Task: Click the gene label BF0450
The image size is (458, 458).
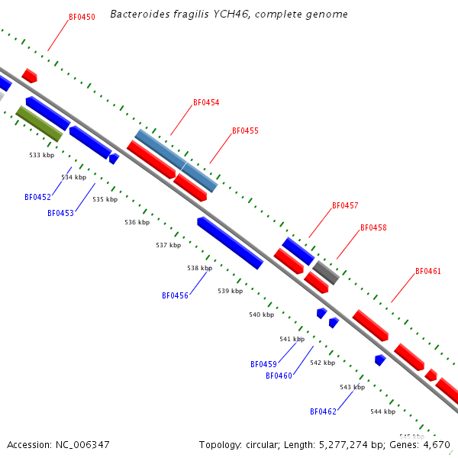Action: pos(82,16)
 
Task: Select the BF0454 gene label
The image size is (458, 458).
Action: pos(206,102)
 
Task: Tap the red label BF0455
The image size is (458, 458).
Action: pos(245,131)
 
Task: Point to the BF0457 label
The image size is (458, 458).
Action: pos(345,206)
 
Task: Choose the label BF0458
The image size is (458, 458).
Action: pos(373,227)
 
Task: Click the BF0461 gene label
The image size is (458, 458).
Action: pos(428,271)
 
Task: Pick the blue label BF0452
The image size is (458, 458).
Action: pos(37,197)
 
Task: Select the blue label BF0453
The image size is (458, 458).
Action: pos(60,213)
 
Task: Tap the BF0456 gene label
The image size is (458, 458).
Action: pos(175,295)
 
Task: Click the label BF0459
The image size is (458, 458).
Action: pos(263,364)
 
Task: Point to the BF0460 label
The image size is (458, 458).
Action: pos(279,376)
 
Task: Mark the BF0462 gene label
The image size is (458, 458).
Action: pos(323,411)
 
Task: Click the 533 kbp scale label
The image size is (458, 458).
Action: pos(42,155)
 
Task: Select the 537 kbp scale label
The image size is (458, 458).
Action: pos(168,245)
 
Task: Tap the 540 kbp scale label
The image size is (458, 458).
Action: pos(261,314)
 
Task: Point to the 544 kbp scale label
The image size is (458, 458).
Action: pos(382,411)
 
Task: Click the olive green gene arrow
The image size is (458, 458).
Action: pos(39,124)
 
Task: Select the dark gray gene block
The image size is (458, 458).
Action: pos(326,272)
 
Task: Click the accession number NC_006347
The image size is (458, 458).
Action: pos(58,444)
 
